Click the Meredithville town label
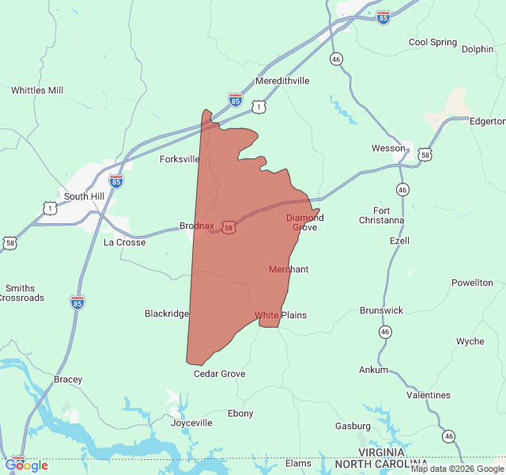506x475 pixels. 282,81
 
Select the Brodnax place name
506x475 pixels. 197,226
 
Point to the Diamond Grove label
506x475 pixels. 304,222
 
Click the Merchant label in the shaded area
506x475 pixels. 289,269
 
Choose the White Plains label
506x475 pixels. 280,315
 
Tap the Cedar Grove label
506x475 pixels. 220,374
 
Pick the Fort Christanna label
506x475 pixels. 381,215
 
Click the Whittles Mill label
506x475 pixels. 37,90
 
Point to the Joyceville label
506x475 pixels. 191,423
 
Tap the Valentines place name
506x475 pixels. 428,395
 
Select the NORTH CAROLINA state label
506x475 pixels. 381,463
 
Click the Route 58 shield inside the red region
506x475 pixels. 228,227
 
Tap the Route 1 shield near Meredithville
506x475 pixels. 259,106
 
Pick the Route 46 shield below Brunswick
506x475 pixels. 384,331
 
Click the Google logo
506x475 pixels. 26,465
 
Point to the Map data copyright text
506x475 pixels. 457,469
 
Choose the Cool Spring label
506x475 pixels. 432,42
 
